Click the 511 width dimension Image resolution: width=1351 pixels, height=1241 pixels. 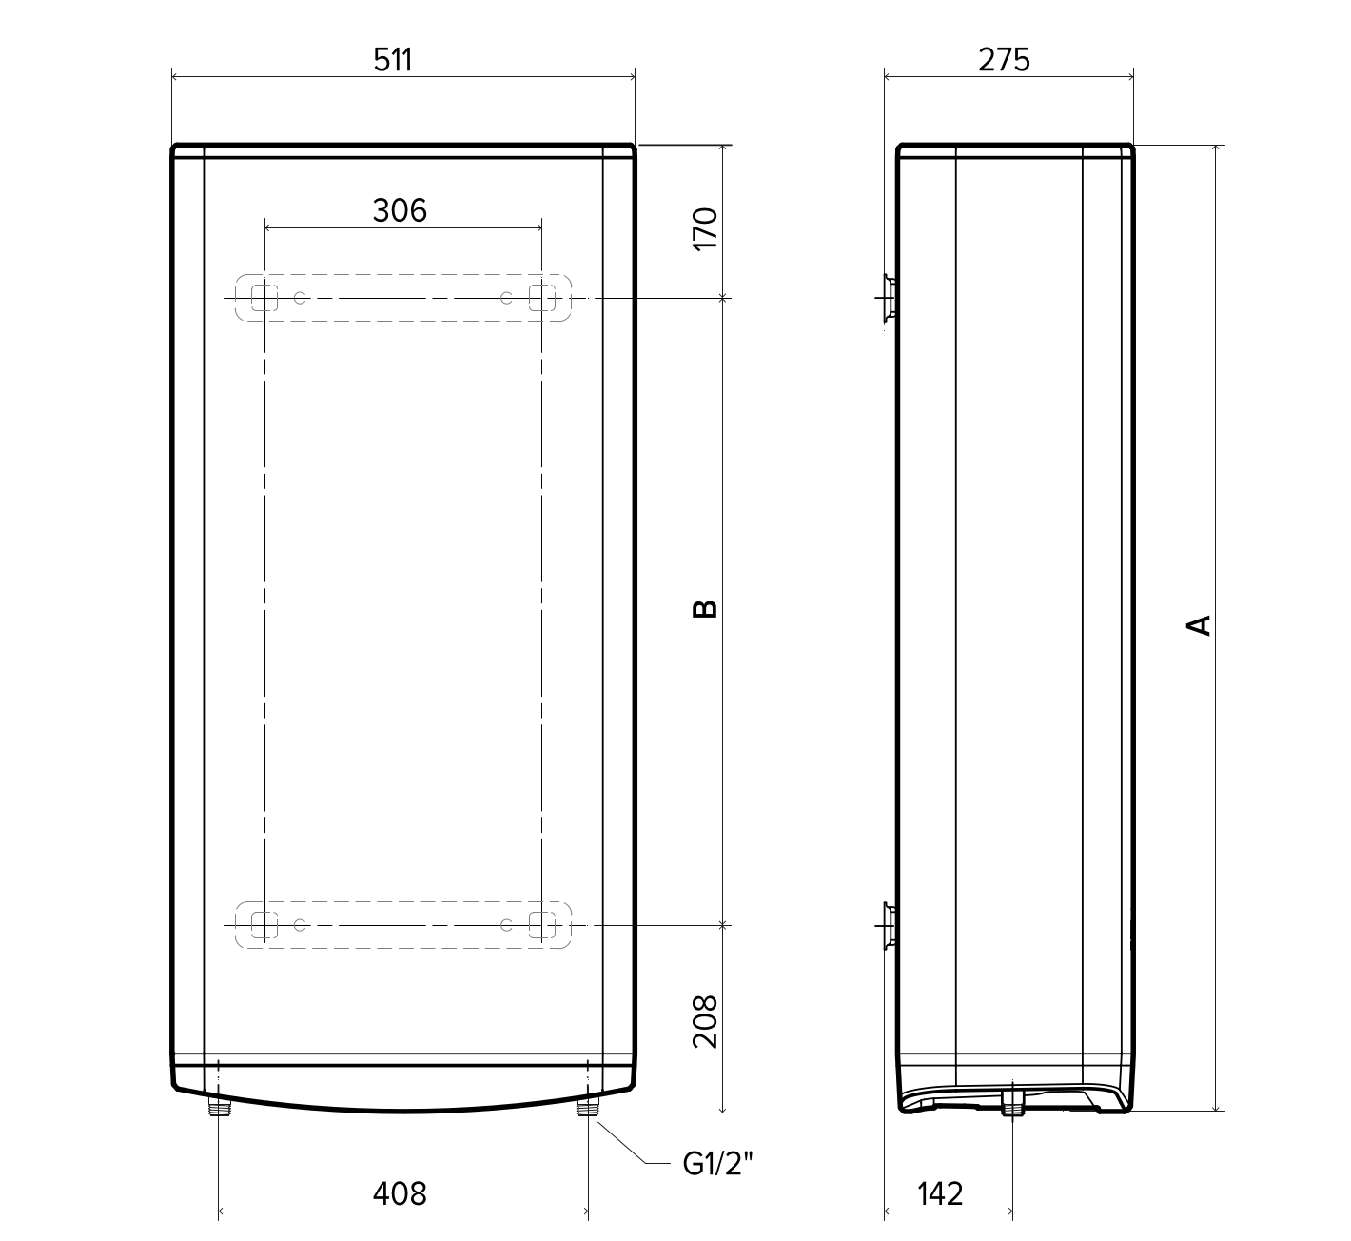(393, 60)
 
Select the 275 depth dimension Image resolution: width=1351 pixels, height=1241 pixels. (1004, 60)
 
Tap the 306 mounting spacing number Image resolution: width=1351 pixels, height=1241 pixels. (400, 211)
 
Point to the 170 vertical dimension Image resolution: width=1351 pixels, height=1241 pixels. (706, 229)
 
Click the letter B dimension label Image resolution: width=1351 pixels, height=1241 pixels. (706, 609)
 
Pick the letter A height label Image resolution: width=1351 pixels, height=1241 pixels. (1199, 625)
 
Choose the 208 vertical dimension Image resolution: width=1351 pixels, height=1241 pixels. (706, 1022)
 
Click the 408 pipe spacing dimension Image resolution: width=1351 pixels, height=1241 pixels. (400, 1193)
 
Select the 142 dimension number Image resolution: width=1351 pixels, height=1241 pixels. (940, 1193)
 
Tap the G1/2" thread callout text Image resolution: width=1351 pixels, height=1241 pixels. (718, 1164)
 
